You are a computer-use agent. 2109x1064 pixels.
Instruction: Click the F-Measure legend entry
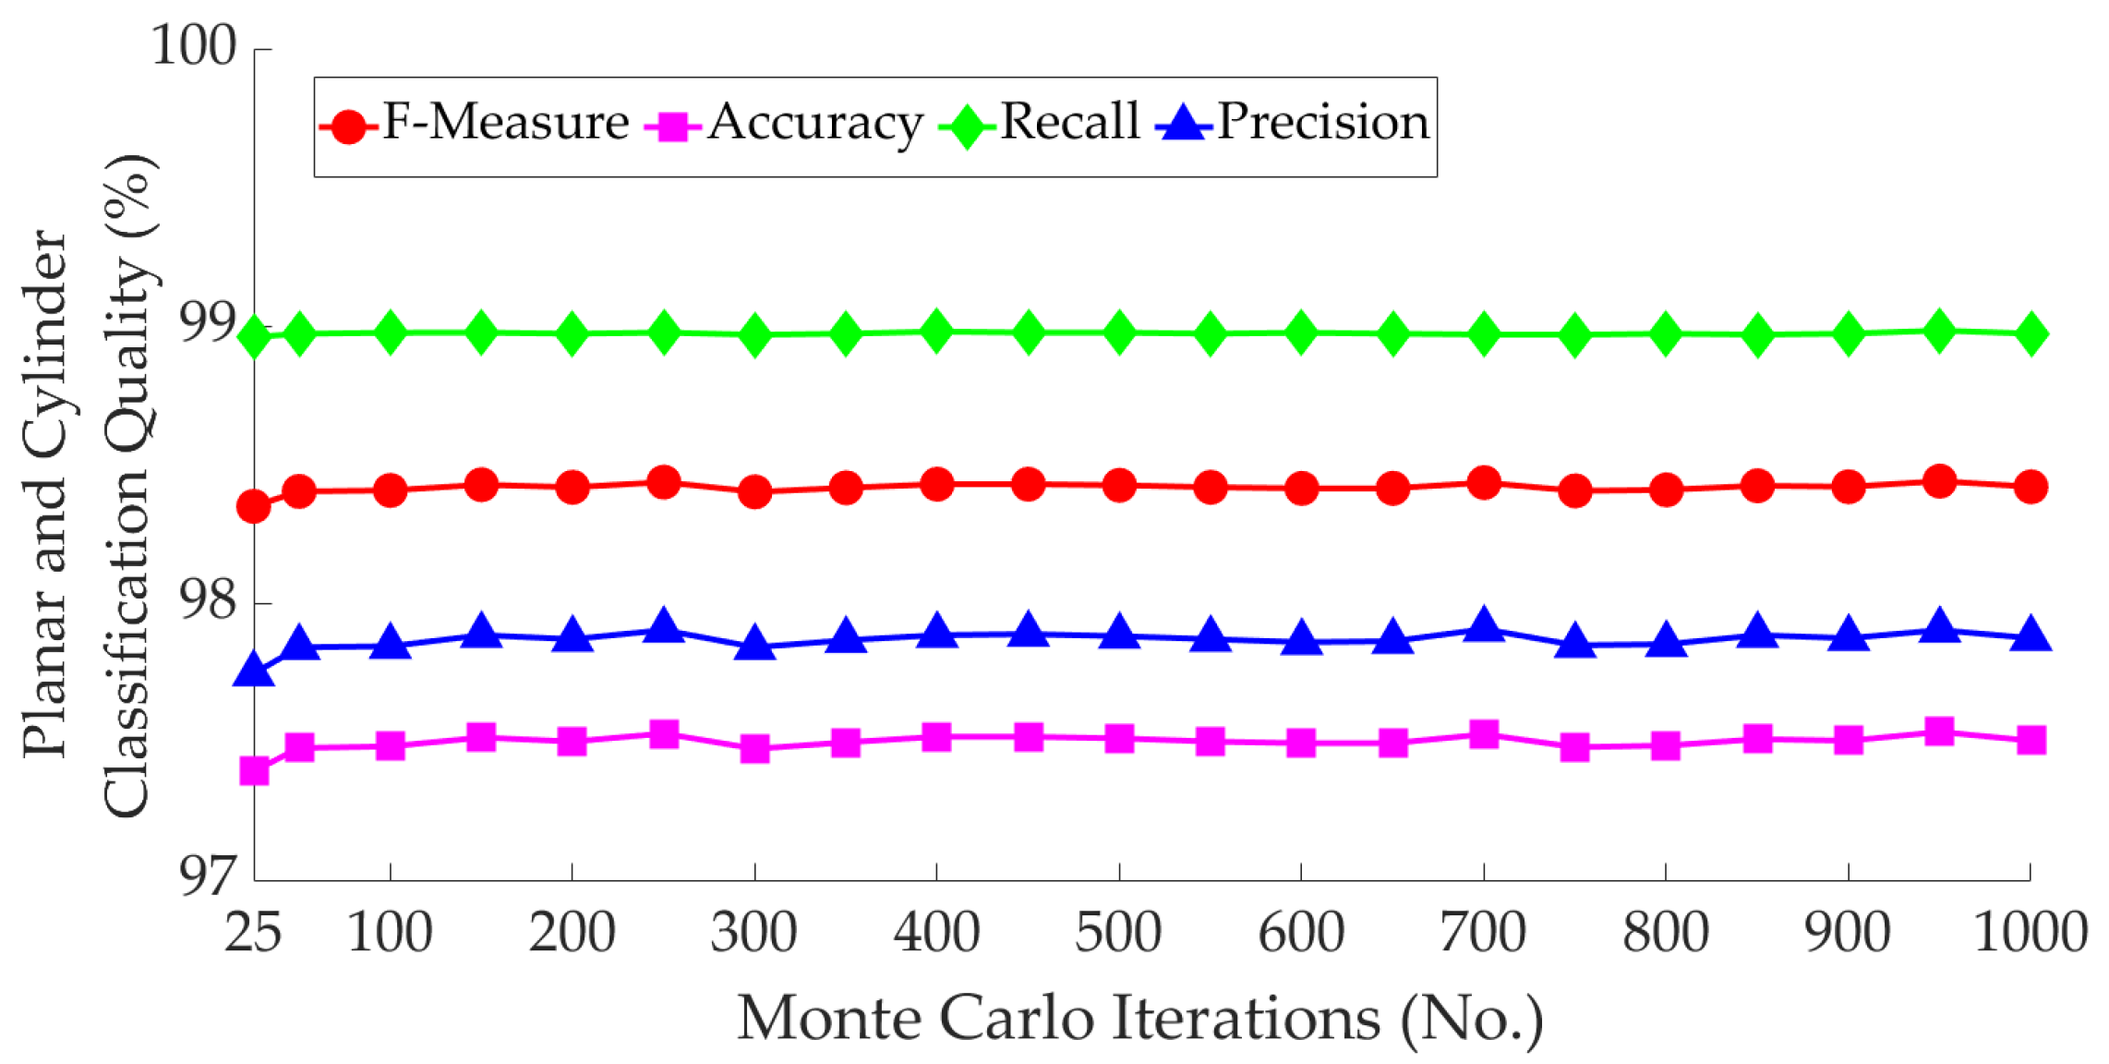(474, 124)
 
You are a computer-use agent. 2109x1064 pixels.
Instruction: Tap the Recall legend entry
(1039, 124)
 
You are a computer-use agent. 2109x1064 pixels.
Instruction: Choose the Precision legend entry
(1293, 124)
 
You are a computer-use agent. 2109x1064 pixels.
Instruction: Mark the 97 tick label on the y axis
(207, 875)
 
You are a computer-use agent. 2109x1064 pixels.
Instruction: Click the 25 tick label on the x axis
(253, 932)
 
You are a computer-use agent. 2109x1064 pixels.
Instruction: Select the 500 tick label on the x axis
(1118, 932)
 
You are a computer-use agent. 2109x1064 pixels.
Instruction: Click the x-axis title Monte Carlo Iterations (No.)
(1140, 1018)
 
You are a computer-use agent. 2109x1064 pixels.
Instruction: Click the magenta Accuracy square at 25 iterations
(254, 770)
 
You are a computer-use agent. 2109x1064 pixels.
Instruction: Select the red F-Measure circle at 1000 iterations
(2031, 487)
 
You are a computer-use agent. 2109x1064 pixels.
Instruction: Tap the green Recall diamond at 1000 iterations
(2031, 334)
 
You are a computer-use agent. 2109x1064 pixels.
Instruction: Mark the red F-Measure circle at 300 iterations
(755, 492)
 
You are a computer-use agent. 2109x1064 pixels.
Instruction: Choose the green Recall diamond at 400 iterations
(937, 332)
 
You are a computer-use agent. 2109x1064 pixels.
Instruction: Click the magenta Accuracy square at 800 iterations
(1666, 745)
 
